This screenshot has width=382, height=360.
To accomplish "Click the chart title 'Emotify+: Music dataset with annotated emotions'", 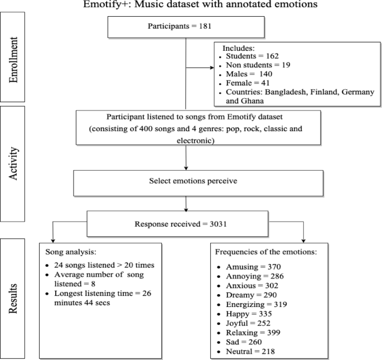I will click(x=191, y=6).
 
